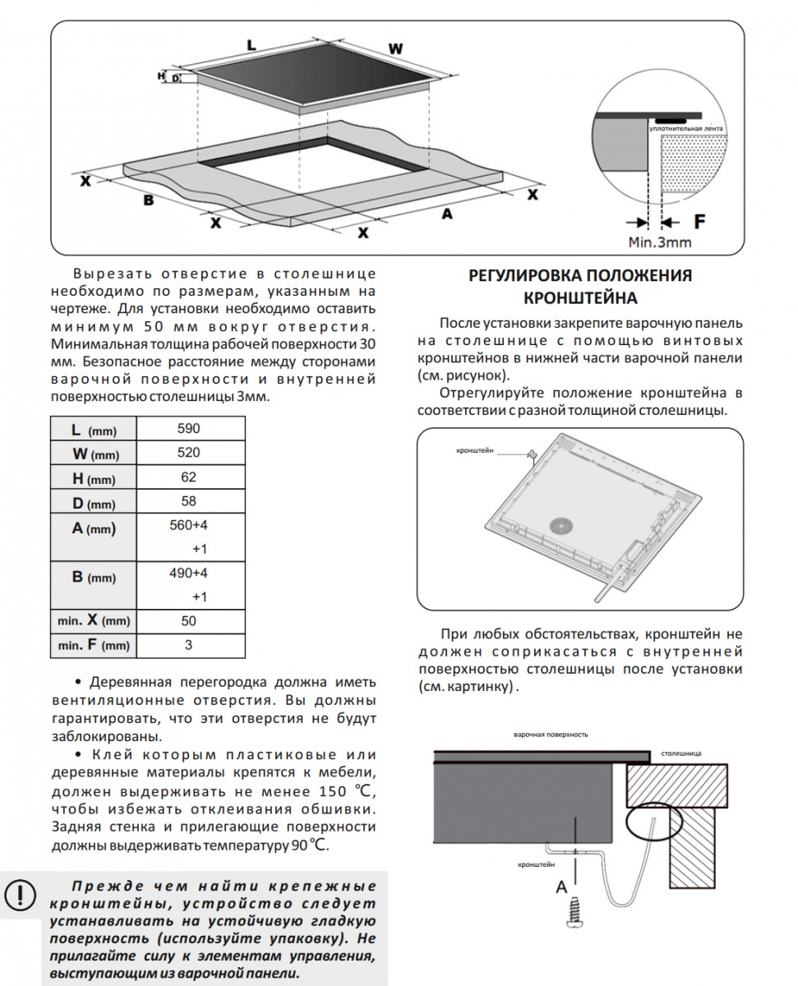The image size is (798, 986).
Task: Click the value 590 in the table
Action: coord(189,429)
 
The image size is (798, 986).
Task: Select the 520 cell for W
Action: coord(189,453)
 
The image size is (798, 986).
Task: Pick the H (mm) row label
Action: coord(93,478)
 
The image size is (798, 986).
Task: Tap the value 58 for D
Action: coord(189,501)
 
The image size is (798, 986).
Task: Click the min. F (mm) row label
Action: coord(93,646)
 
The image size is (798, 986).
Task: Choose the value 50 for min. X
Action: coord(189,621)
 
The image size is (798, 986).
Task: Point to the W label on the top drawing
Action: coord(396,48)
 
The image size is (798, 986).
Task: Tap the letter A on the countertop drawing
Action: coord(447,213)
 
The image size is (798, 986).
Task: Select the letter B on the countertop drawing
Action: coord(149,200)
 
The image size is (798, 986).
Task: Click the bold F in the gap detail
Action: coord(699,221)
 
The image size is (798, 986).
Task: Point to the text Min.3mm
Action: coord(660,242)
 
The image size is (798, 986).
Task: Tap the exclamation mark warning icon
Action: coord(21,893)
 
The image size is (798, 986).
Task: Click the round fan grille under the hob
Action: coord(565,527)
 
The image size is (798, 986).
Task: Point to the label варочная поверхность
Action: coord(551,734)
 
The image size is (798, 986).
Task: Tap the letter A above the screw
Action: coord(562,887)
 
